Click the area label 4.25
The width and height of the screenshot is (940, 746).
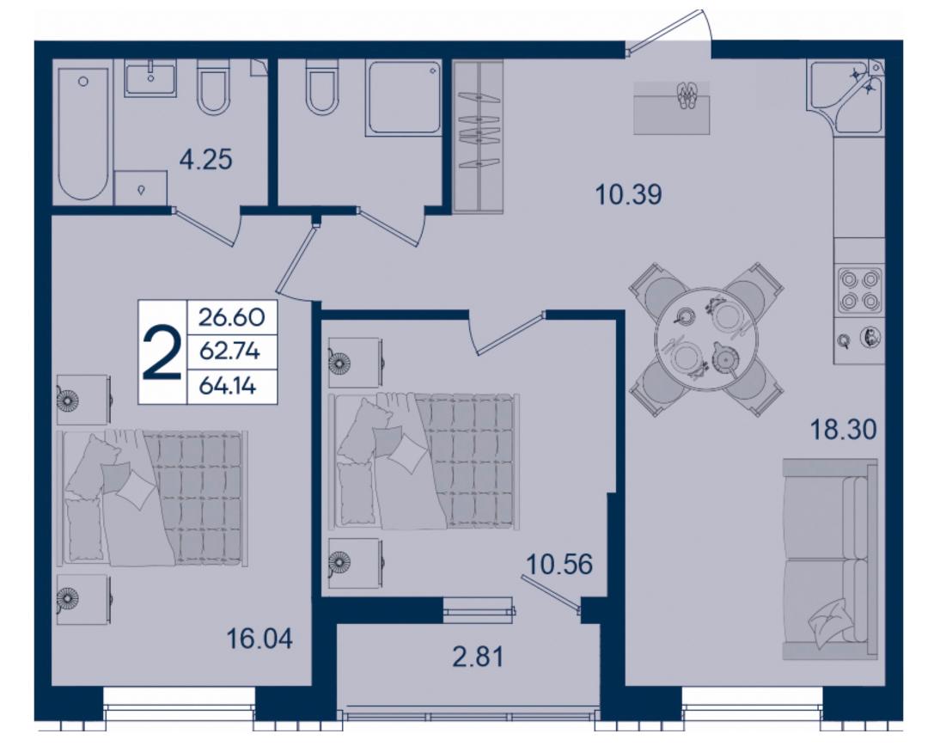205,160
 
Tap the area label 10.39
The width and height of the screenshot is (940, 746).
628,195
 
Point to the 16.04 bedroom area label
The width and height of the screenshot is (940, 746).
259,639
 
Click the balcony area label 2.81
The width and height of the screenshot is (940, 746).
478,657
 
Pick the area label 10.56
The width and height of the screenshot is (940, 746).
559,565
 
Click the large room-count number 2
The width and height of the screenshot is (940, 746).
162,352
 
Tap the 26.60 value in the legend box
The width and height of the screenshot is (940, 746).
231,316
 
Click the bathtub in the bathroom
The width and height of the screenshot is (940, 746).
83,133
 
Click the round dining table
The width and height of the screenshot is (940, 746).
707,339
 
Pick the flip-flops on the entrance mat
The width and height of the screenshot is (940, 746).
686,95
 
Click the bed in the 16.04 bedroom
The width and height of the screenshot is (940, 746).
152,498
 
